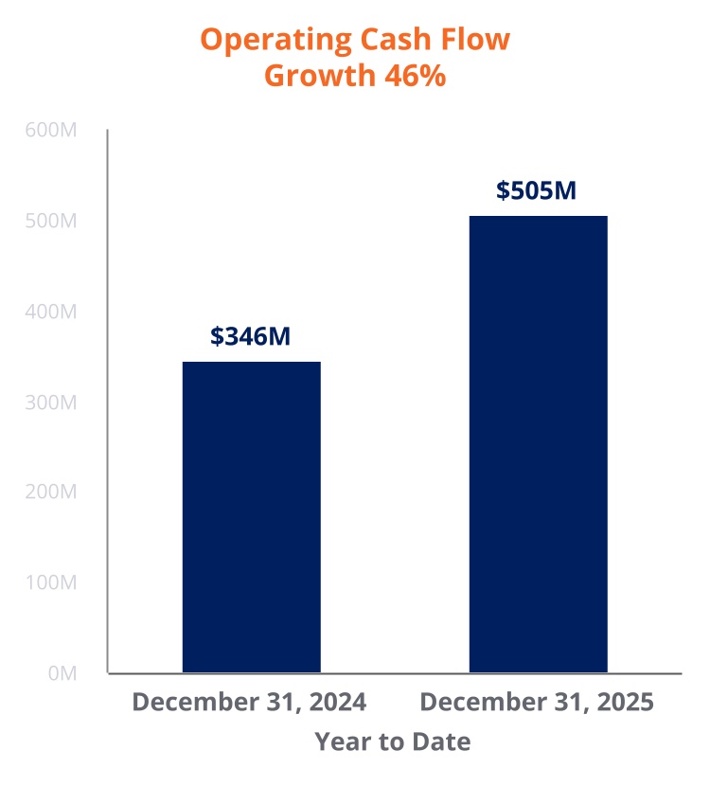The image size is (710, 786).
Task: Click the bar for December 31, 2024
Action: [251, 517]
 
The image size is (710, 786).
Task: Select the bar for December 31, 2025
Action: [538, 444]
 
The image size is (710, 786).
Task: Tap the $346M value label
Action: [251, 336]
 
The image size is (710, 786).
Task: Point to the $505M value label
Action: [536, 190]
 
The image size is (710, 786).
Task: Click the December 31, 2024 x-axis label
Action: [249, 703]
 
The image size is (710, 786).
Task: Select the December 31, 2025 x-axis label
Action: [537, 703]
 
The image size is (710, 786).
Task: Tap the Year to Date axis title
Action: [392, 741]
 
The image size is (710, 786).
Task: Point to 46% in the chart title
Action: [415, 76]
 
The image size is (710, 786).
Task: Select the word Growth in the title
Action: [319, 76]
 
